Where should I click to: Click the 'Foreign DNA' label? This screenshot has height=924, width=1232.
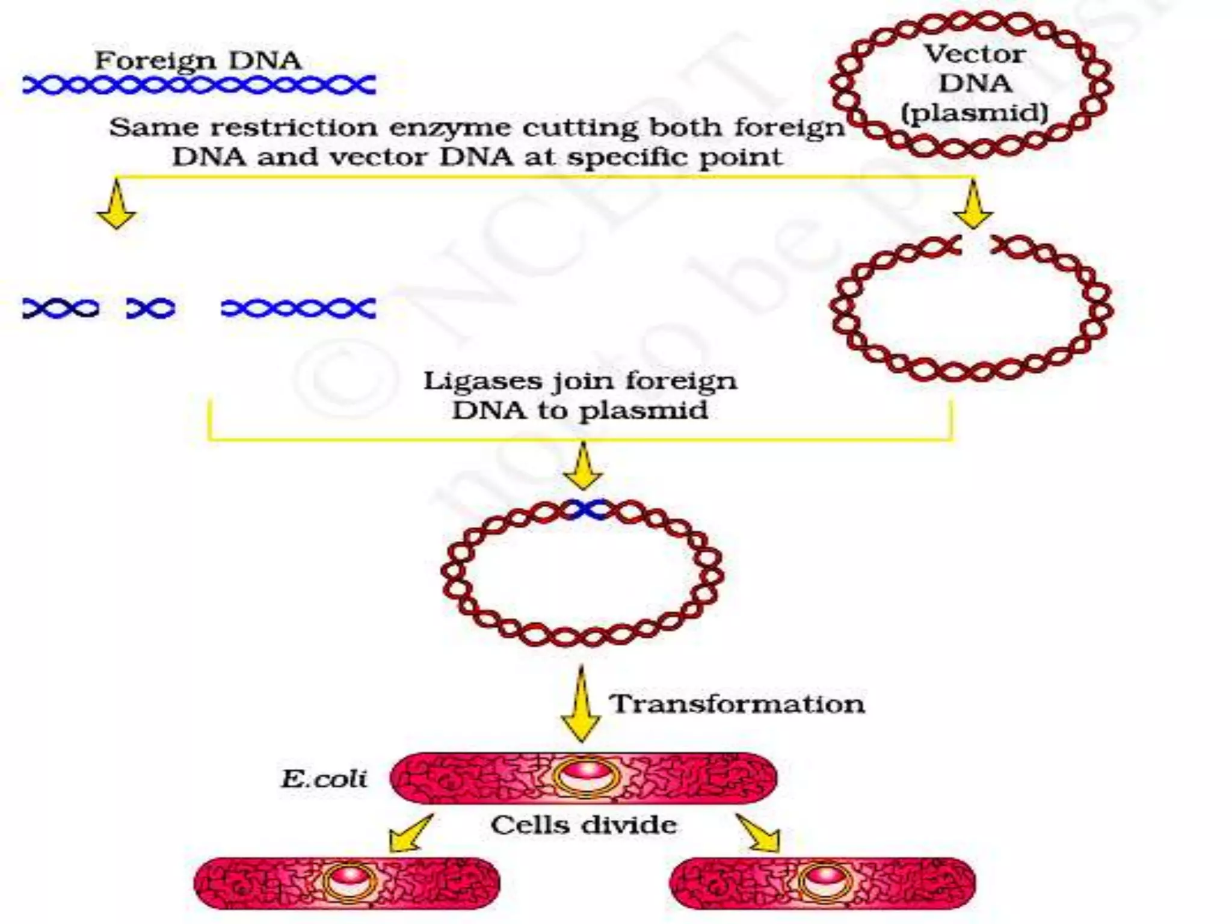(x=198, y=61)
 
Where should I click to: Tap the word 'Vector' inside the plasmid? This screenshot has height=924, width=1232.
(x=975, y=55)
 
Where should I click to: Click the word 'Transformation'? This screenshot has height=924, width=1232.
(x=737, y=704)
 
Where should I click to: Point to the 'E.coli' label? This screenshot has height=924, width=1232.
(x=324, y=779)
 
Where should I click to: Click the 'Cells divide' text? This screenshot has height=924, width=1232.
(x=584, y=825)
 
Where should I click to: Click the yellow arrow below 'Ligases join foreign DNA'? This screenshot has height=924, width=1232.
(x=582, y=466)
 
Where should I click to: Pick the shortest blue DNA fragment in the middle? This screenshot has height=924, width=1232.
(x=150, y=309)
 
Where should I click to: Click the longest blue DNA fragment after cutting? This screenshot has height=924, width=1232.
(x=298, y=309)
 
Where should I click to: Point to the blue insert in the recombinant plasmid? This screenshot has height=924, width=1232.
(x=587, y=510)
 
